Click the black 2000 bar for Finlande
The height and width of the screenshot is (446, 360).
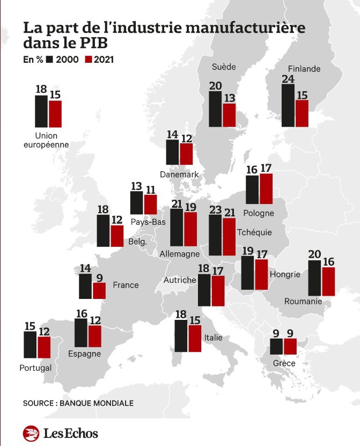click(288, 105)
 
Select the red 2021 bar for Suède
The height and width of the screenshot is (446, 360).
click(229, 115)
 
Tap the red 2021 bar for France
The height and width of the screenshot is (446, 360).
click(99, 290)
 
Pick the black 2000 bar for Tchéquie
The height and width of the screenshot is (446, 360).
click(215, 235)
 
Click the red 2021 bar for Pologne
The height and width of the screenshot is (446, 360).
click(266, 189)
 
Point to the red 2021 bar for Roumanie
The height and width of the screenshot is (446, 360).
click(328, 281)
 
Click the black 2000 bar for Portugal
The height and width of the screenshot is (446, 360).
click(30, 345)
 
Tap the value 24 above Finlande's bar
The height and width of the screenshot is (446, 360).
click(288, 79)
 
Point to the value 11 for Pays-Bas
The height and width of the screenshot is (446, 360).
click(150, 189)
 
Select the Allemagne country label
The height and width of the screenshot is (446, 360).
click(180, 254)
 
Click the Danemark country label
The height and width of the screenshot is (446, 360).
click(179, 174)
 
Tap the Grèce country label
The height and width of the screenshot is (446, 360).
click(283, 363)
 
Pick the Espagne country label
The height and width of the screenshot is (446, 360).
click(84, 354)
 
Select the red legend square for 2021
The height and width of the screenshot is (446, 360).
click(89, 60)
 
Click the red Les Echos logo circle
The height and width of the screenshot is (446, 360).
click(31, 433)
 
